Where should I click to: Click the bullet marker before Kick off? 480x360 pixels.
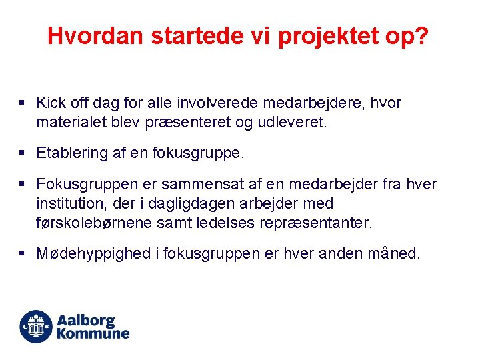tap(22, 103)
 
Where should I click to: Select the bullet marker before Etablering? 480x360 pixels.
tap(22, 153)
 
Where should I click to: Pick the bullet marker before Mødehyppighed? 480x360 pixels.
tap(22, 254)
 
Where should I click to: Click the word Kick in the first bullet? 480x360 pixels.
tap(50, 103)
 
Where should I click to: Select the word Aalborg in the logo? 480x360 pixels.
tap(86, 321)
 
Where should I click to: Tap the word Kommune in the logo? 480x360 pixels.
tap(93, 333)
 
